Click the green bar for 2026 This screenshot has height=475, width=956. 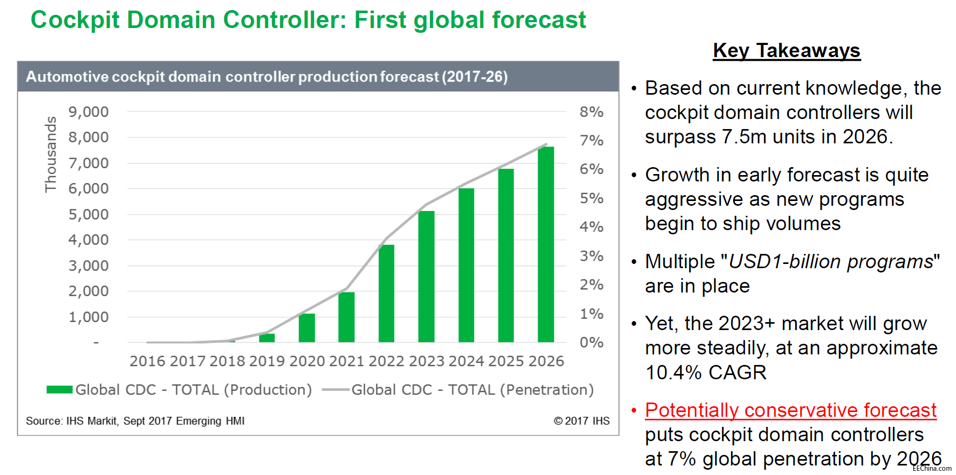(x=545, y=244)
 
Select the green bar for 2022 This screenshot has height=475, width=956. (x=386, y=294)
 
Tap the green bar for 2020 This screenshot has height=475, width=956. (x=307, y=328)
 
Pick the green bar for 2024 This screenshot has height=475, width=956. (x=466, y=265)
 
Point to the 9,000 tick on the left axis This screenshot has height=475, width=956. (x=88, y=112)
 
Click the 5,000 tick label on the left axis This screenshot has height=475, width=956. (x=88, y=214)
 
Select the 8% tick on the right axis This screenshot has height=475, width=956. (x=591, y=112)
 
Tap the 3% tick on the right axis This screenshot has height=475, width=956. (x=591, y=256)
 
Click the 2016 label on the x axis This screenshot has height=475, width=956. (x=148, y=361)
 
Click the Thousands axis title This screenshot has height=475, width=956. (x=51, y=154)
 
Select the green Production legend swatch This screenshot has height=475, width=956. (x=59, y=390)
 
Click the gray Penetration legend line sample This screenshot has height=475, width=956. (x=335, y=390)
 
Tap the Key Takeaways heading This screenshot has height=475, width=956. (x=786, y=51)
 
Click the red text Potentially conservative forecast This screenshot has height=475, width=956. (x=790, y=410)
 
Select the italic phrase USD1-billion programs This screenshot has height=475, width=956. (x=831, y=262)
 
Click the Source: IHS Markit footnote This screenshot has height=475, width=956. (x=135, y=421)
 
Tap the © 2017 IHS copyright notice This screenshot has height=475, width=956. (x=581, y=421)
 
